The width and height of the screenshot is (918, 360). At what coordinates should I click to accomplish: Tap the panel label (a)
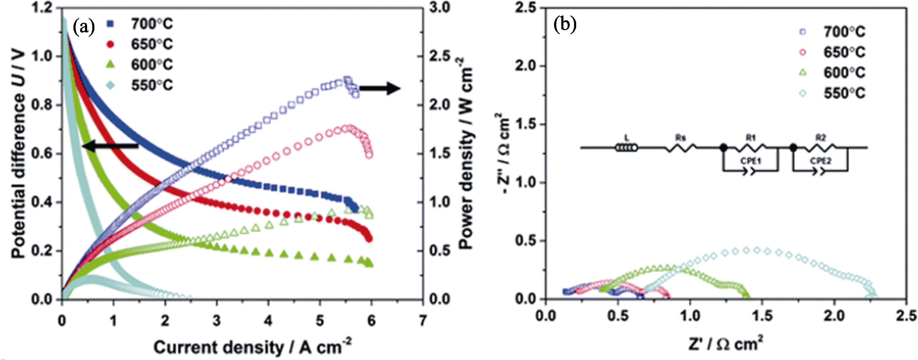(x=83, y=27)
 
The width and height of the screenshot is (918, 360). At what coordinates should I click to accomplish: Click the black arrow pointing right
(x=380, y=88)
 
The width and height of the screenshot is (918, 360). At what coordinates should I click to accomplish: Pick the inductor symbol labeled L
(x=627, y=147)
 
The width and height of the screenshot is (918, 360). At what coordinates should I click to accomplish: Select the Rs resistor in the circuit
(x=681, y=147)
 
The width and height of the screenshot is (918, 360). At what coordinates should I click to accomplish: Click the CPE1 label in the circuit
(x=751, y=161)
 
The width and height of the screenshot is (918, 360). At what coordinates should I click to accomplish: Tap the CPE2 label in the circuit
(x=821, y=161)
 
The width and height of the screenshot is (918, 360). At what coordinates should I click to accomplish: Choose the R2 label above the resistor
(x=821, y=138)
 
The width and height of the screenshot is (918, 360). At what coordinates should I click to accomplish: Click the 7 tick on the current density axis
(x=423, y=321)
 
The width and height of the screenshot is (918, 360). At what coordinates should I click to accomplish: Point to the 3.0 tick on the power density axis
(x=440, y=8)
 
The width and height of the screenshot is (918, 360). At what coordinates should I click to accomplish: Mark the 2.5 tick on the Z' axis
(x=907, y=315)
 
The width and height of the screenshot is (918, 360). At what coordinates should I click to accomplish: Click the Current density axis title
(x=252, y=347)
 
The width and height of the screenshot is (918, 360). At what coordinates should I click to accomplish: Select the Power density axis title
(x=466, y=153)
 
